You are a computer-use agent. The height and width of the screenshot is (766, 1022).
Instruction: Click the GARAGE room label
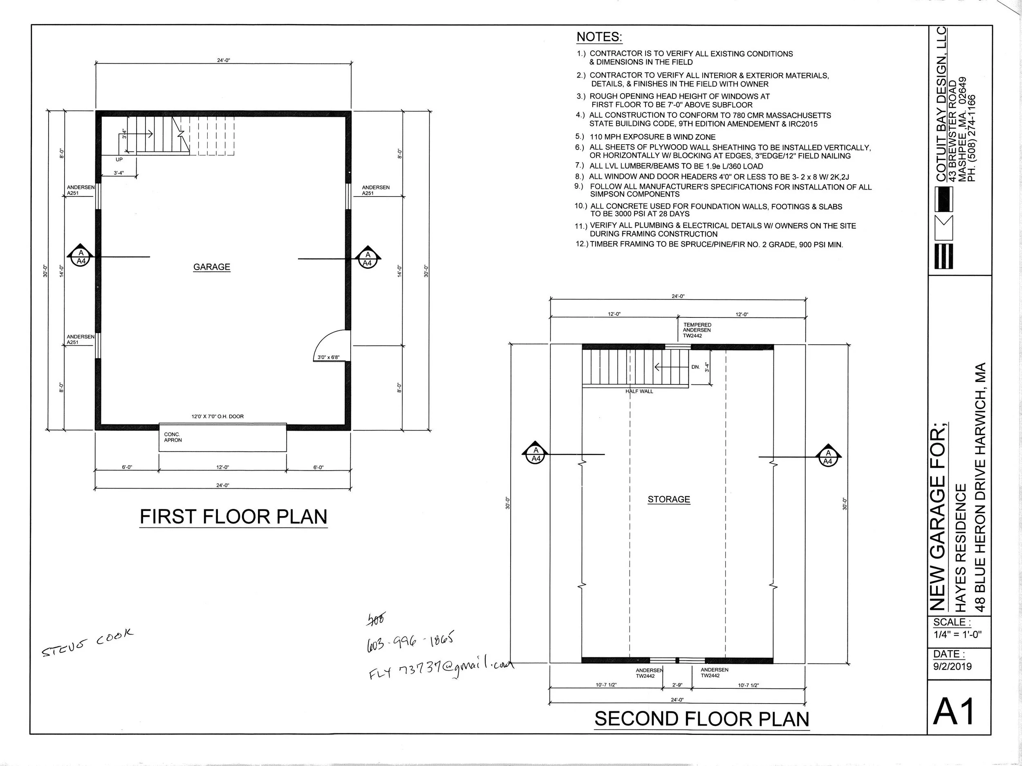[x=212, y=267]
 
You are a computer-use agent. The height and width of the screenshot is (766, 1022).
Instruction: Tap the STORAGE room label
[x=668, y=499]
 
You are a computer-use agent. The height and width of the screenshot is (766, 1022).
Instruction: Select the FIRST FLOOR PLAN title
[x=233, y=517]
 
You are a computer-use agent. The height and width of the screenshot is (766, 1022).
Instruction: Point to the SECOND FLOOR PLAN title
[x=702, y=719]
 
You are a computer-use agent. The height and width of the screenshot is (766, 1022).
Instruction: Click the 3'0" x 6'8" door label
[x=329, y=357]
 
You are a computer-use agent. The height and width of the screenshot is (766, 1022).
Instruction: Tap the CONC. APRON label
[x=173, y=437]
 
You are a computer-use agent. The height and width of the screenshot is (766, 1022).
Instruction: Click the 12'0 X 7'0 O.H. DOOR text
[x=217, y=416]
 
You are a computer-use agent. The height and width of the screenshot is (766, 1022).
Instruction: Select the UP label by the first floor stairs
[x=119, y=159]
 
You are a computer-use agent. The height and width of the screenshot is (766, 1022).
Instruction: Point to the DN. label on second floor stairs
[x=695, y=367]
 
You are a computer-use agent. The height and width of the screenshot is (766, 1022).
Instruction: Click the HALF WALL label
[x=639, y=391]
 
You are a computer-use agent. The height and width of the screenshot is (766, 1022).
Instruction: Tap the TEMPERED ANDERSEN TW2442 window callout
[x=697, y=330]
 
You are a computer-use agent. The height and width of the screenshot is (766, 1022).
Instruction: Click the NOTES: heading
[x=599, y=37]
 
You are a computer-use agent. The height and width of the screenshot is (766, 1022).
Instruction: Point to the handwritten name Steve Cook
[x=88, y=642]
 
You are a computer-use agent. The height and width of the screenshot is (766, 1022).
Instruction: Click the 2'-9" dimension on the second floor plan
[x=677, y=685]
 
